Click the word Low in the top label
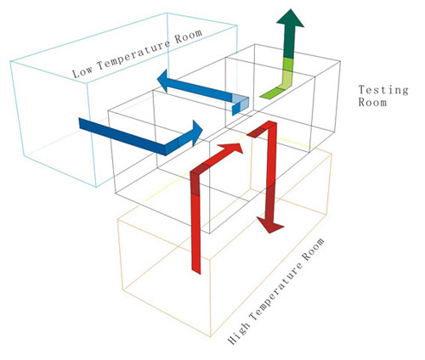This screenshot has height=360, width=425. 84,71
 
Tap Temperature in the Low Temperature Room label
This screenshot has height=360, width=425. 128,59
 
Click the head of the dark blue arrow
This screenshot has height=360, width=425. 196,132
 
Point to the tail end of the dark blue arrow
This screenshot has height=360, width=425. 85,123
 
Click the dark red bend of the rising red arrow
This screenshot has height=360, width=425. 195,175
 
